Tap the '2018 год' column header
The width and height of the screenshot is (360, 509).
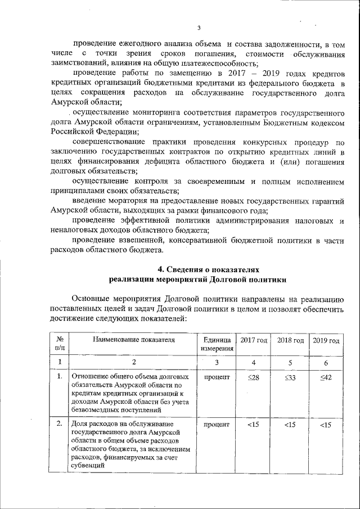290,341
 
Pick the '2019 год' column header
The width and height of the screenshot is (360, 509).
326,341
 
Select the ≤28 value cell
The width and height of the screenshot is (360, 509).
253,377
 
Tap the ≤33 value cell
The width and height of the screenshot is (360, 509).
290,377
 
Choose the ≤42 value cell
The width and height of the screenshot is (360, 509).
326,377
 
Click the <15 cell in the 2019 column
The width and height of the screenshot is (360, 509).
326,425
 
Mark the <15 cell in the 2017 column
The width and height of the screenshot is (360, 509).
253,425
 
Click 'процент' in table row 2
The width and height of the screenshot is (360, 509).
217,425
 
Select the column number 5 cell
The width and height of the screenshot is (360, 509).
290,362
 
